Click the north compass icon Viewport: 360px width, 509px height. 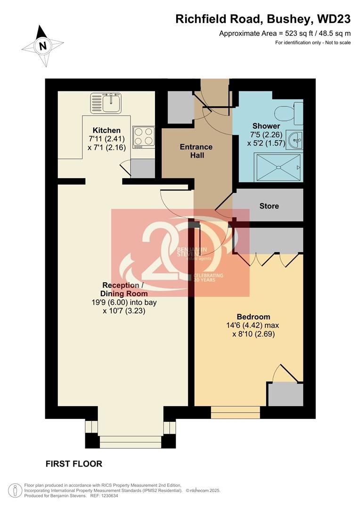coord(42,45)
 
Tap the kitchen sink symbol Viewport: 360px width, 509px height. coord(106,103)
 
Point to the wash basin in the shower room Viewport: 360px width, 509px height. coord(295,140)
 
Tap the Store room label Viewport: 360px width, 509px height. coord(269,206)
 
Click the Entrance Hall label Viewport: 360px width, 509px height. coord(196,151)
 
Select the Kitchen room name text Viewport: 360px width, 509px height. coord(106,130)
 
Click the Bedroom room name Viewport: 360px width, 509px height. coord(253,317)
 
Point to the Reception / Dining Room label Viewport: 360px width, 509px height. coord(121,289)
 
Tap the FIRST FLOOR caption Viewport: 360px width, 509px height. coord(74,464)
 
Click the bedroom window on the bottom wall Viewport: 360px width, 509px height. coord(236,412)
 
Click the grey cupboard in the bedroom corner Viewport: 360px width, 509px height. coord(285,394)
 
